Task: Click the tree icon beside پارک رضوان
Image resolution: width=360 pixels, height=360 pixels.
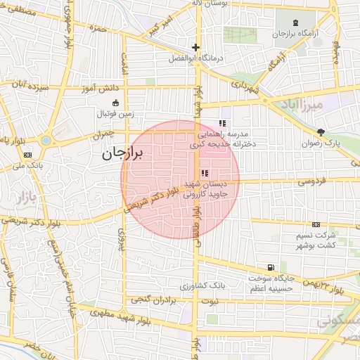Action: [x=321, y=131]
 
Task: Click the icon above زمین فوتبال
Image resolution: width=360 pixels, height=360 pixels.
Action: [x=108, y=103]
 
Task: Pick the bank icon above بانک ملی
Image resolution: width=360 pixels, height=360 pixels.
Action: [x=27, y=155]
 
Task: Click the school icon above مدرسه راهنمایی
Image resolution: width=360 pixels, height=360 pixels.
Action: [x=223, y=123]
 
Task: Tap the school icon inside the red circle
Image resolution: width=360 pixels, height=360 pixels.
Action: [x=205, y=173]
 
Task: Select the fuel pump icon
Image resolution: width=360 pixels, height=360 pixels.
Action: [x=270, y=267]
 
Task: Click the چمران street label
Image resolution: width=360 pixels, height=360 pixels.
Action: [x=103, y=134]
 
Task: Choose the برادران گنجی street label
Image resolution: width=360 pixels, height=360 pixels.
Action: [x=151, y=300]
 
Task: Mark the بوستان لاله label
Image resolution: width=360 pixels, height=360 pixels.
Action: [x=211, y=4]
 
